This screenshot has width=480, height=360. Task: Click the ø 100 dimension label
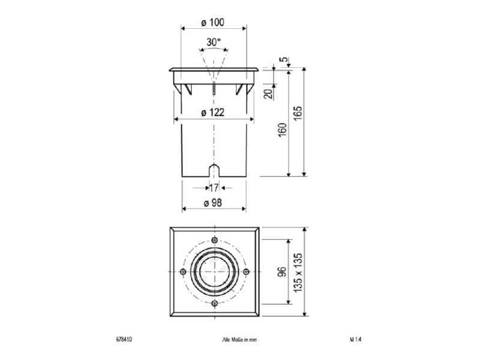click(x=213, y=22)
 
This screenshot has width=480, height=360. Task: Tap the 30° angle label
click(x=214, y=42)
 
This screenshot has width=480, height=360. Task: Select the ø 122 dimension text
click(x=213, y=113)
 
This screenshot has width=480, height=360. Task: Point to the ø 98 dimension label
click(x=213, y=203)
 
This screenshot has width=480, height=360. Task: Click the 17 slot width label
click(x=214, y=188)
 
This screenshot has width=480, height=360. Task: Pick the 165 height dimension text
click(x=298, y=113)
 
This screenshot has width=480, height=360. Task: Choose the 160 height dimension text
click(x=283, y=130)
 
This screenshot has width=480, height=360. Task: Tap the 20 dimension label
click(x=268, y=94)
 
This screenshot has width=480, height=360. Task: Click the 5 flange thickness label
click(x=284, y=59)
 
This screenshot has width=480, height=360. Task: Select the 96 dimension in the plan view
click(x=282, y=272)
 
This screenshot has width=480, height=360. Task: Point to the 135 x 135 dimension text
click(x=298, y=272)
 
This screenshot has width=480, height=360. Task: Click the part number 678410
click(x=124, y=339)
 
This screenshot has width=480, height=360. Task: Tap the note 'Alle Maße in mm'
click(x=239, y=340)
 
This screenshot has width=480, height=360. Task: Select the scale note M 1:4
click(x=356, y=339)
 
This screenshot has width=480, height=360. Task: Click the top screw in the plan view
click(x=215, y=239)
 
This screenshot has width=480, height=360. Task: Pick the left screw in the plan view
click(x=183, y=272)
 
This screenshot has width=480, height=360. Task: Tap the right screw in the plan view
click(x=246, y=272)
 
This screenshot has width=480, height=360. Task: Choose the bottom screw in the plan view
click(x=215, y=303)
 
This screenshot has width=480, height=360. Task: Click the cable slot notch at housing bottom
click(x=214, y=170)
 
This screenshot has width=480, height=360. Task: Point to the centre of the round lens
click(x=215, y=272)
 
